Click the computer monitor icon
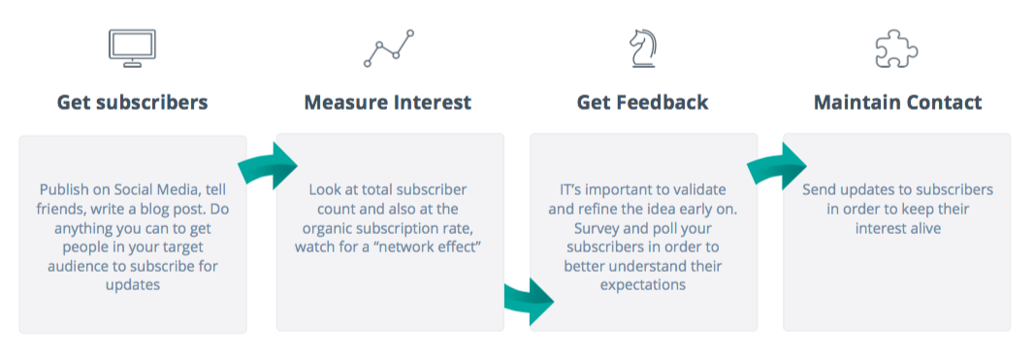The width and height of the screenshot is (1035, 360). point(132,49)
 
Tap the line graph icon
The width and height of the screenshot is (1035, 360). point(389,49)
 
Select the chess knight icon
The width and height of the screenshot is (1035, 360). point(643,49)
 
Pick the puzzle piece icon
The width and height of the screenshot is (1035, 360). point(896,49)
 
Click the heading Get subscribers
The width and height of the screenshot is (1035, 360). point(132,103)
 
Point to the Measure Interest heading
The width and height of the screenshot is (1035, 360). point(388,103)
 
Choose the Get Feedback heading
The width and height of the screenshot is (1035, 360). point(642,103)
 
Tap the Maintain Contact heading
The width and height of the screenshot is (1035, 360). point(897,103)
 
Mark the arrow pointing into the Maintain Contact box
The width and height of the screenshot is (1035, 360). point(778,165)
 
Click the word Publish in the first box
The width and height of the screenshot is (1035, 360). point(62,190)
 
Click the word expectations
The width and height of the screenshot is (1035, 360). point(643,285)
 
